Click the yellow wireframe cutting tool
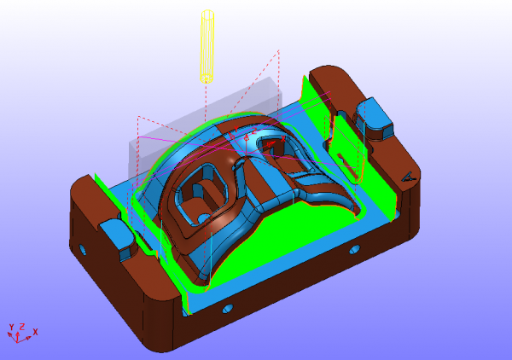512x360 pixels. click(x=207, y=46)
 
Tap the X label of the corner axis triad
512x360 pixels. click(x=35, y=332)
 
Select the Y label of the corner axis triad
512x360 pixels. click(x=11, y=327)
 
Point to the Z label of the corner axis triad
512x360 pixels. click(x=22, y=327)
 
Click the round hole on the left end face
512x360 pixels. click(x=84, y=250)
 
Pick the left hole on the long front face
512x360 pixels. click(x=228, y=308)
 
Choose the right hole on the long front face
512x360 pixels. click(x=355, y=249)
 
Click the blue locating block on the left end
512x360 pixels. click(x=118, y=236)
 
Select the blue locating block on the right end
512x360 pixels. click(x=374, y=118)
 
